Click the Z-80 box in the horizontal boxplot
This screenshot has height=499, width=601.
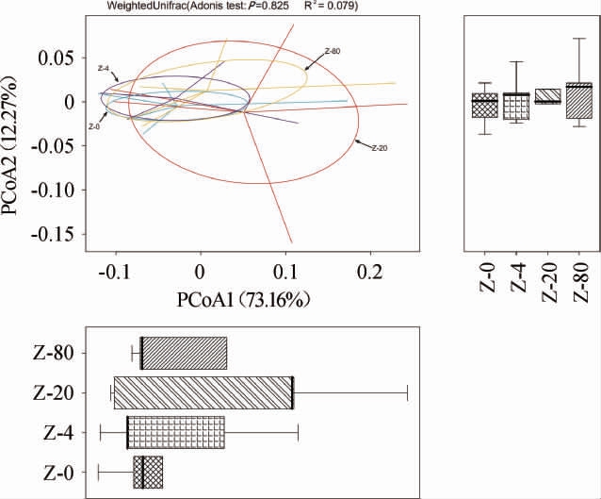click(x=184, y=353)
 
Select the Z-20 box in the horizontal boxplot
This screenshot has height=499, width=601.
click(x=203, y=392)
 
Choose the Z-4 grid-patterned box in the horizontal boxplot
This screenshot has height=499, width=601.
click(x=176, y=432)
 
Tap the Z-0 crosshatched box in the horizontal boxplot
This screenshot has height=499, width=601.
click(x=148, y=472)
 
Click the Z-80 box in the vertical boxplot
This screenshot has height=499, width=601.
click(x=579, y=99)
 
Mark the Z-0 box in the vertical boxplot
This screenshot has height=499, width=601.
click(x=485, y=105)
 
